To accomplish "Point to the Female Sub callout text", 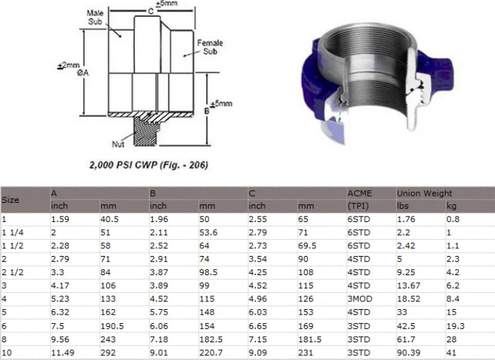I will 211,47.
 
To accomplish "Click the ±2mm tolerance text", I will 69,65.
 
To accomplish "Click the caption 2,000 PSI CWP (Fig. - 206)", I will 148,165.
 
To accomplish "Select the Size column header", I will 11,199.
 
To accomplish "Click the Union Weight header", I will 424,193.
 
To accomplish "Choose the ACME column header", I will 360,193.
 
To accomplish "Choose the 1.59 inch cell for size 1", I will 59,219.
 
